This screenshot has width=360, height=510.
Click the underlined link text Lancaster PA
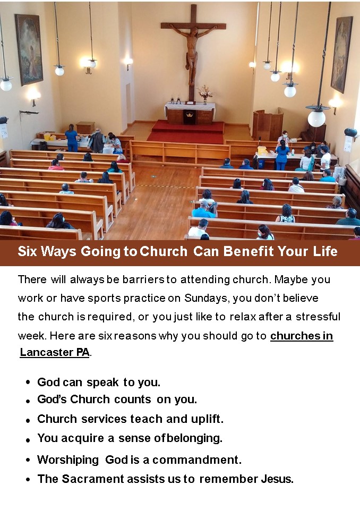pos(54,352)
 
